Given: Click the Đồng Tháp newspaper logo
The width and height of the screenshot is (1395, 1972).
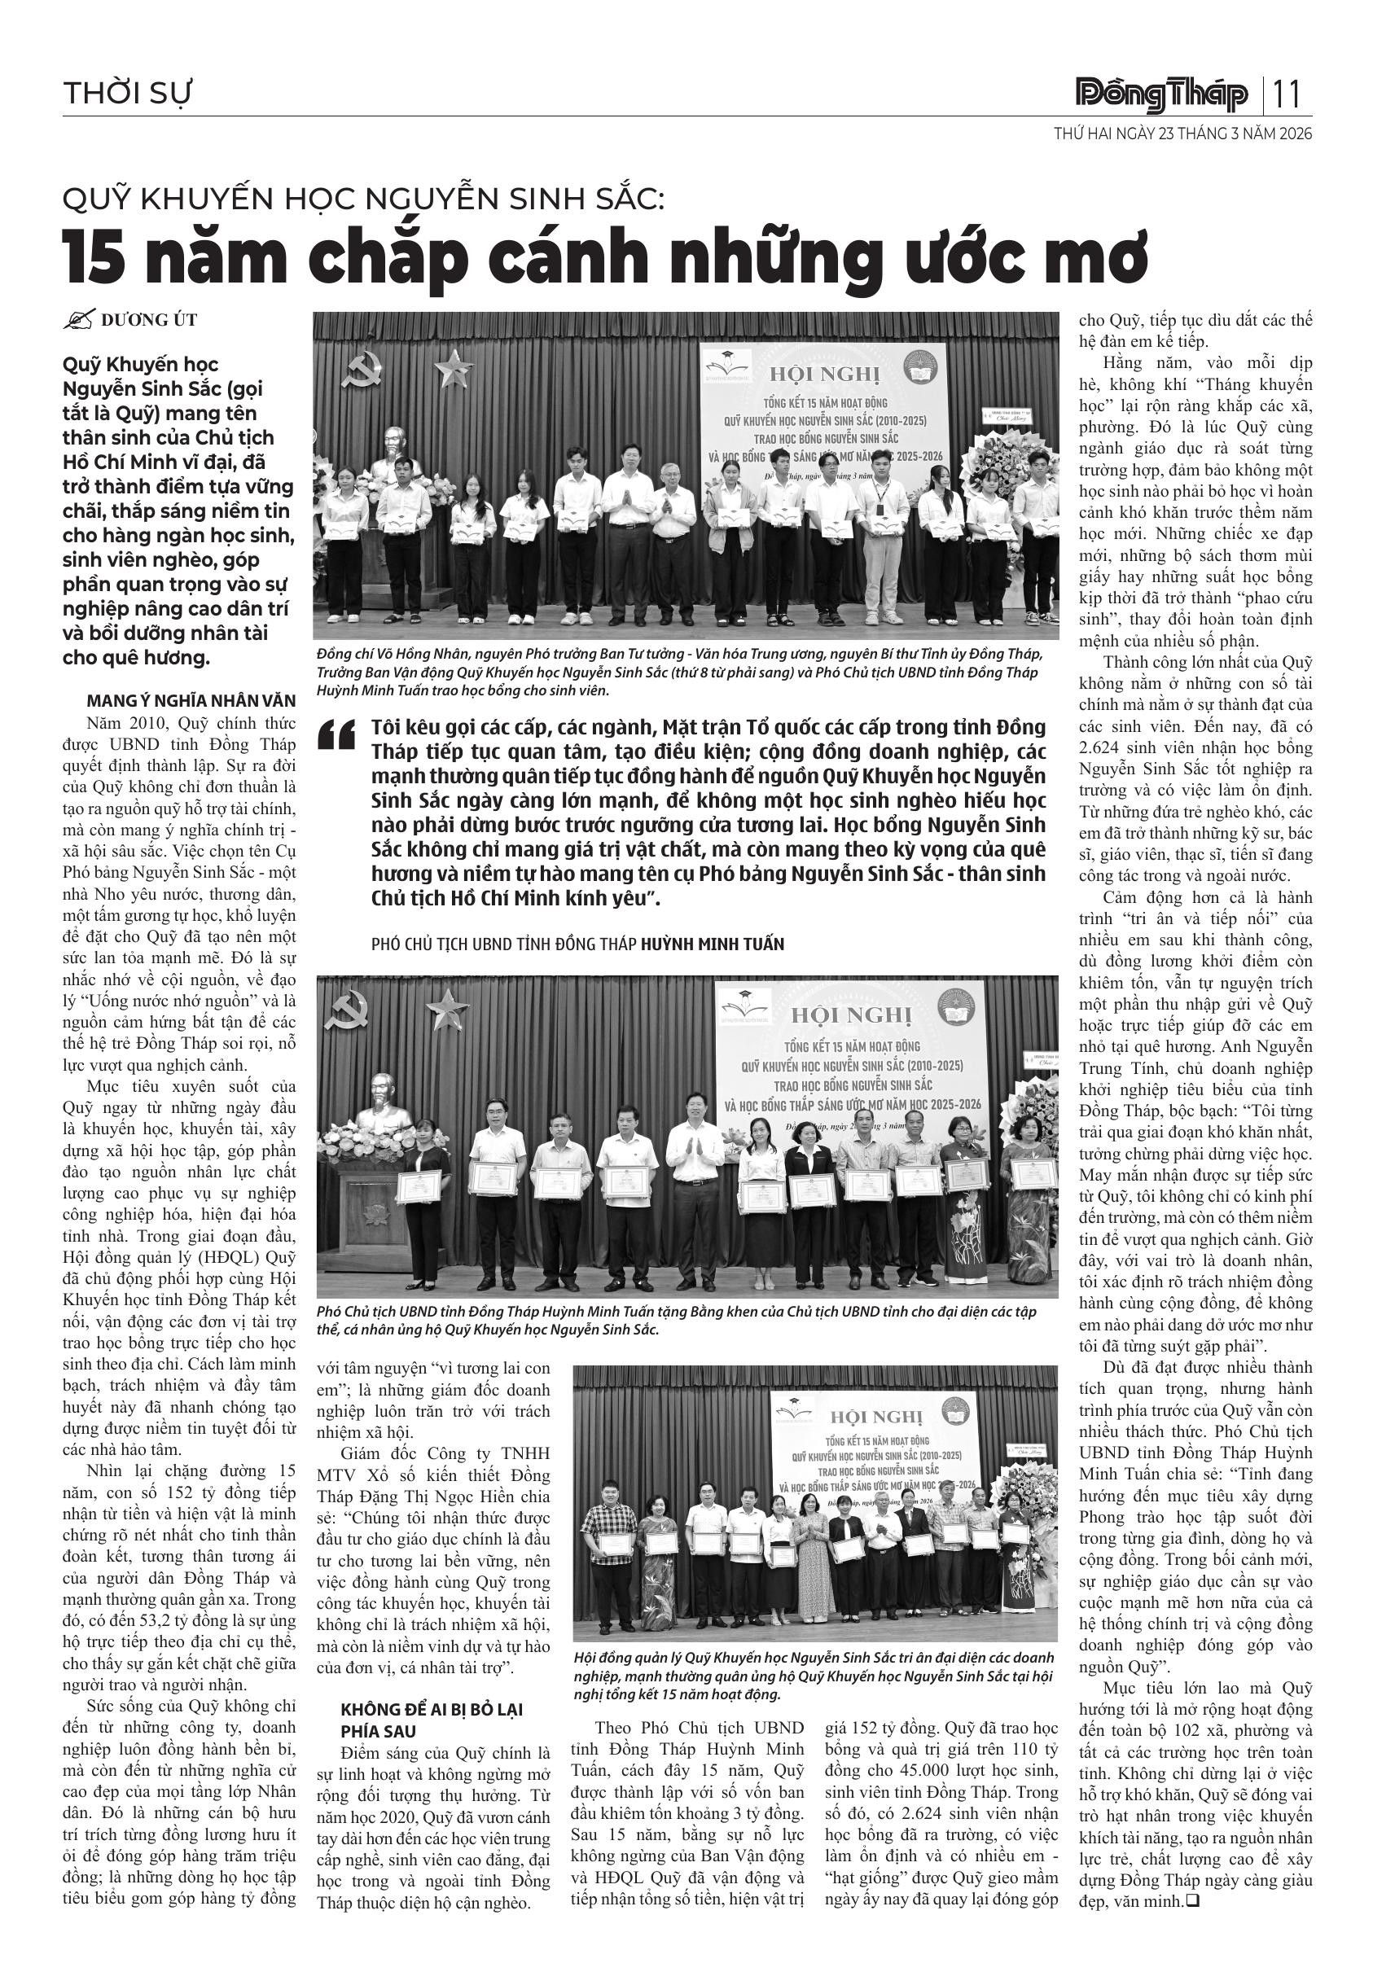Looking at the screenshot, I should click(1162, 94).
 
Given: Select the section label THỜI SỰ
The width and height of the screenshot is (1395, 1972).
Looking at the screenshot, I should click(127, 93).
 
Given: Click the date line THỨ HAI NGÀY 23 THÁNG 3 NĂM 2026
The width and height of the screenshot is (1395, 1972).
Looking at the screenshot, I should click(1182, 134).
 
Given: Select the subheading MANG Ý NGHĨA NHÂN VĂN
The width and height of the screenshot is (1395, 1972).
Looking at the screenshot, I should click(191, 701).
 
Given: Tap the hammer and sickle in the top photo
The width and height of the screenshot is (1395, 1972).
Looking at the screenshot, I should click(358, 370).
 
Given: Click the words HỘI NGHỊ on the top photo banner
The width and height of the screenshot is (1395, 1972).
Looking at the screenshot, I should click(824, 375).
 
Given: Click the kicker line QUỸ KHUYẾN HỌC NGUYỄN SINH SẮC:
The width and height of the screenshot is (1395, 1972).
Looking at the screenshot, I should click(364, 199).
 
